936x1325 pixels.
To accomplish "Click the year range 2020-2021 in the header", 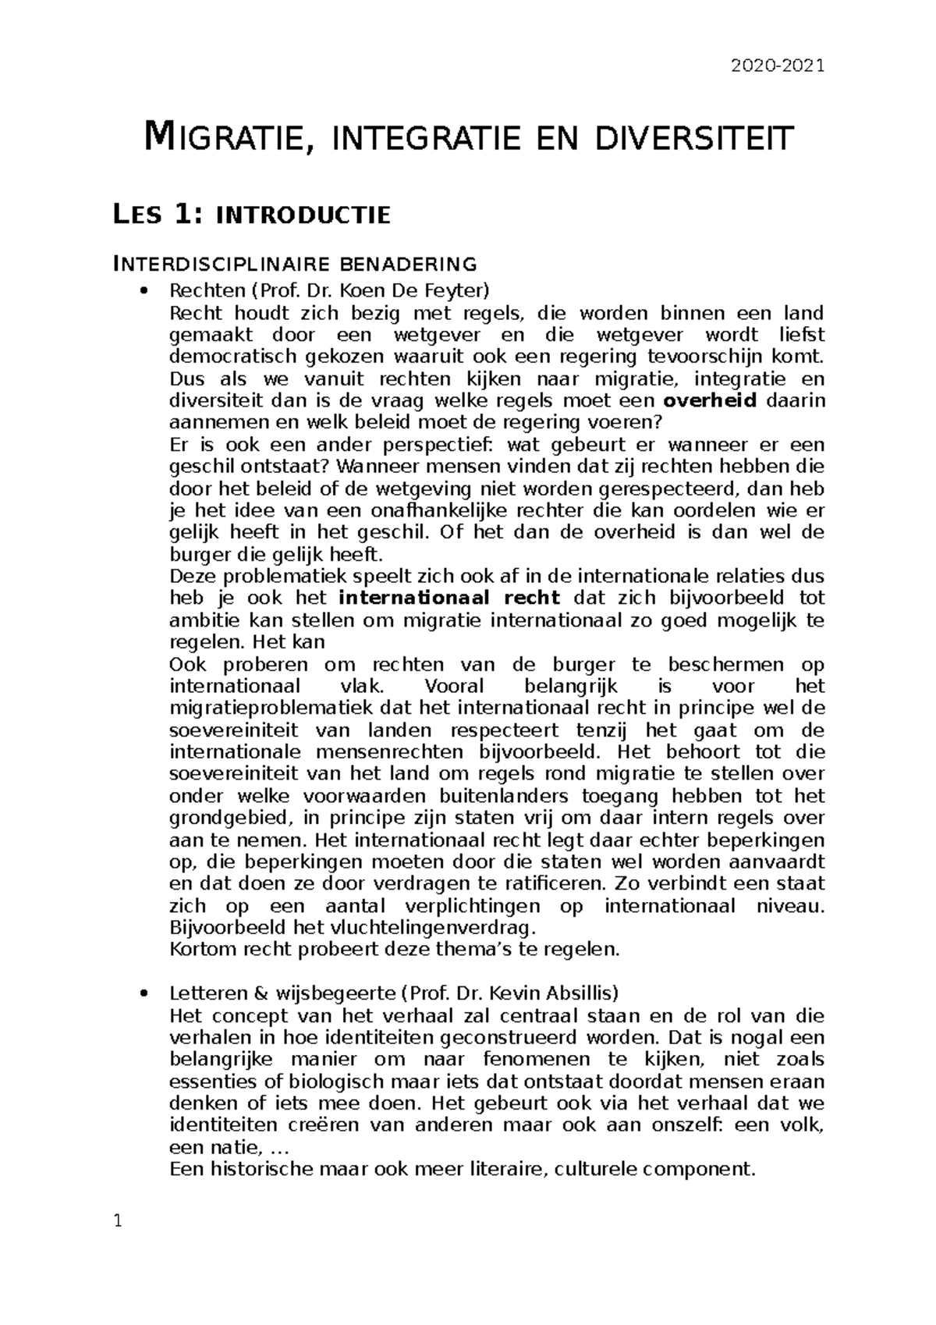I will pos(776,66).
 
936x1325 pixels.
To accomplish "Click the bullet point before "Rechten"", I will pos(141,292).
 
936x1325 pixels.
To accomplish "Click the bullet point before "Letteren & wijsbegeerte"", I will pos(141,994).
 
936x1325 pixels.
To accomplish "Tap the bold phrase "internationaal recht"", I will pos(450,599).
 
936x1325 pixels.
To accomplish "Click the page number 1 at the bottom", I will pos(119,1222).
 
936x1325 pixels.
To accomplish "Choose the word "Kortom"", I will pos(199,950).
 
